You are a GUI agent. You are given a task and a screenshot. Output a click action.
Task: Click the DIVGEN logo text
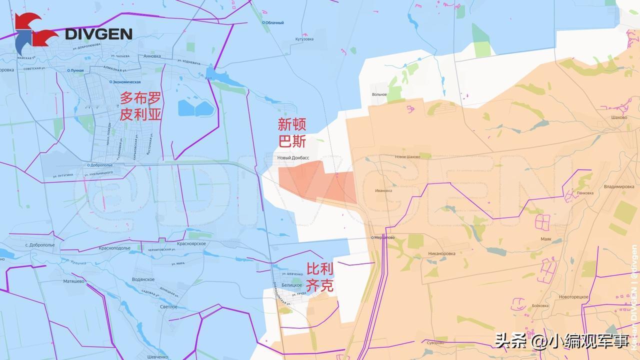pos(98,34)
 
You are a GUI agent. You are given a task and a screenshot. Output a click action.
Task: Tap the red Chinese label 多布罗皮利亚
pos(140,106)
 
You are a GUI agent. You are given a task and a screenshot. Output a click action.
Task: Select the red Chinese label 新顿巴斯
pos(292,132)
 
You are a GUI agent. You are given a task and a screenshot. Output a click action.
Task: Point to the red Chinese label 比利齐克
pos(319,277)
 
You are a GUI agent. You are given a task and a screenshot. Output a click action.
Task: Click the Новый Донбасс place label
pos(293,157)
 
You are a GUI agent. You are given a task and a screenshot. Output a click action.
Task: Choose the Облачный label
pos(274,22)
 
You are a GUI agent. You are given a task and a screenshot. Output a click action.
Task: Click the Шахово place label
pos(619,117)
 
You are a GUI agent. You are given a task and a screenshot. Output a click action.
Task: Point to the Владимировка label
pos(619,186)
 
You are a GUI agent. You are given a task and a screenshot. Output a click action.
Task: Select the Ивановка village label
pos(383,190)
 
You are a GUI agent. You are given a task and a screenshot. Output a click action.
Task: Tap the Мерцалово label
pos(384,237)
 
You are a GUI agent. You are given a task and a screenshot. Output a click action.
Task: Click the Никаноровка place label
pos(441,253)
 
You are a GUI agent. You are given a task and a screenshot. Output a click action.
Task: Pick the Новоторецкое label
pos(573,297)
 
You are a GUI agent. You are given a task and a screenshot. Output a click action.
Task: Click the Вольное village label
pos(379,94)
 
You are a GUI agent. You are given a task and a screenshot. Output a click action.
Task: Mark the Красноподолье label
pos(114,248)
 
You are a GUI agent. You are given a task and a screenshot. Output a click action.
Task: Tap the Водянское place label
pos(143,279)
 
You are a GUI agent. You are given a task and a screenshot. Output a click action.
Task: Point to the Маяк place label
pos(546,239)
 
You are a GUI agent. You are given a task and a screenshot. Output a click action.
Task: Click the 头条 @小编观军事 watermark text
pos(561,342)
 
